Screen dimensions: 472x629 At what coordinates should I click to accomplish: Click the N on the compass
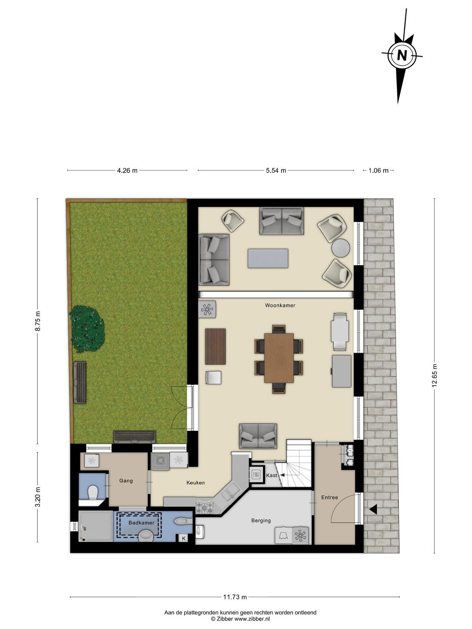click(x=402, y=55)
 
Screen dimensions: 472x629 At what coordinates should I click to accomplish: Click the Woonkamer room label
click(x=280, y=305)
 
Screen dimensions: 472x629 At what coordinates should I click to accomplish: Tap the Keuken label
click(x=195, y=483)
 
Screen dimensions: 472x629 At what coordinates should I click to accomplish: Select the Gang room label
click(x=126, y=480)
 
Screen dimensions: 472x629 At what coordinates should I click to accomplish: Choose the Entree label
click(x=330, y=497)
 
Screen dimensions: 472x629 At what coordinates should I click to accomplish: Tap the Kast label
click(x=271, y=475)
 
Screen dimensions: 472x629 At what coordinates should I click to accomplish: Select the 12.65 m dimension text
click(x=435, y=375)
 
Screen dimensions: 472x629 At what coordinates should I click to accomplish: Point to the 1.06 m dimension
click(x=378, y=171)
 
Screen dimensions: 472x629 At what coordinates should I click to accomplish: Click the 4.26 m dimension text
click(x=127, y=171)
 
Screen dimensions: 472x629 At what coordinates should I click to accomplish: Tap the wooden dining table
click(x=279, y=358)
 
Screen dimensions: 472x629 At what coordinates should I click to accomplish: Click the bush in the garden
click(x=87, y=329)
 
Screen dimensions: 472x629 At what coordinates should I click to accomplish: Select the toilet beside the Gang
click(x=92, y=492)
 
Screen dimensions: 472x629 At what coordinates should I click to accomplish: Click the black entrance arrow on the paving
click(x=373, y=510)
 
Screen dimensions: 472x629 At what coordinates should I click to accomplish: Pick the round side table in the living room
click(x=341, y=248)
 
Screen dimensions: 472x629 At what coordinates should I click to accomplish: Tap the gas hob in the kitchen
click(x=205, y=507)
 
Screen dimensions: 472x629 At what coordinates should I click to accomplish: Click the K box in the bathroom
click(x=184, y=539)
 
